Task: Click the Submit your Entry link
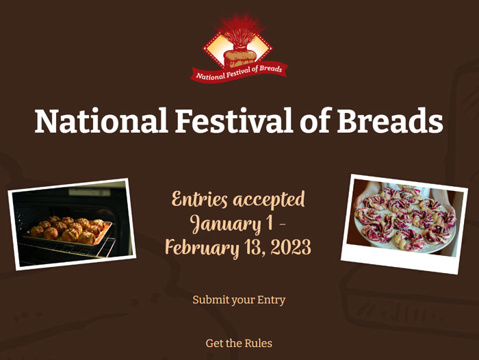click(x=239, y=300)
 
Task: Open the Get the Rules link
click(x=239, y=343)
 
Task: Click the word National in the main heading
click(x=101, y=120)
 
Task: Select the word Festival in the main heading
click(x=234, y=120)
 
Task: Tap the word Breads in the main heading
click(x=390, y=120)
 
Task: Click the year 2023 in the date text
click(x=291, y=247)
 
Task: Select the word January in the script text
click(x=225, y=224)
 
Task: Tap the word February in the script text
click(x=202, y=248)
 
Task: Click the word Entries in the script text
click(x=200, y=200)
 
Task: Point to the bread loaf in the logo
click(x=239, y=58)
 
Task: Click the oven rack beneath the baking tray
click(x=67, y=249)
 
